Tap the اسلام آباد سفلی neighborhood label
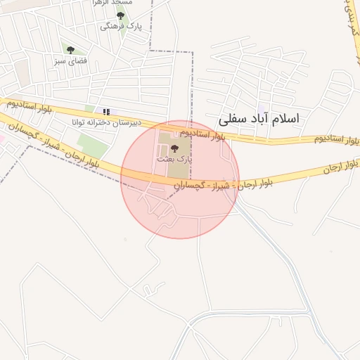tap(259, 118)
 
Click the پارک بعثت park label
tap(175, 160)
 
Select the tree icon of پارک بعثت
tap(174, 148)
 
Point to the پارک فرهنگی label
tap(121, 26)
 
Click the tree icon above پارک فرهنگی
tap(120, 15)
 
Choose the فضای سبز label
tap(70, 61)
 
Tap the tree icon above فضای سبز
tap(70, 50)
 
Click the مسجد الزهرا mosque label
tap(114, 3)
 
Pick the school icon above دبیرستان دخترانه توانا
tap(106, 111)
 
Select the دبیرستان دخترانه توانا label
tap(105, 122)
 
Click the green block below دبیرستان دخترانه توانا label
tap(93, 145)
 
